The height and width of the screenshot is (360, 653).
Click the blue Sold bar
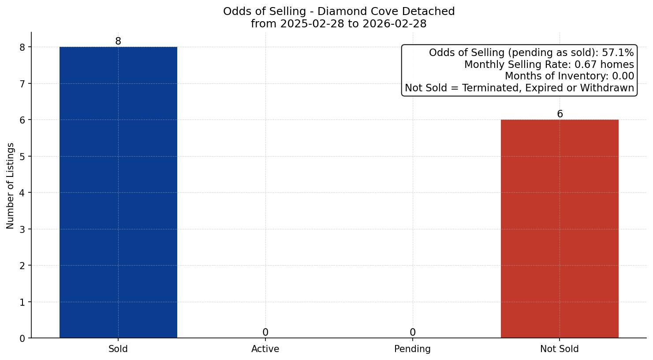[118, 192]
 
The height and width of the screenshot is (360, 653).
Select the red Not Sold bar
[560, 229]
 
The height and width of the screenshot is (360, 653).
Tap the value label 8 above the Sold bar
[118, 41]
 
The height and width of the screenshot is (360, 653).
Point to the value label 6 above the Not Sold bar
[560, 114]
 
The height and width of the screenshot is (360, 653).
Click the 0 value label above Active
[265, 333]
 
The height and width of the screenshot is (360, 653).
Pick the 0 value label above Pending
[412, 333]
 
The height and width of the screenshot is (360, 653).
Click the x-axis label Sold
[118, 349]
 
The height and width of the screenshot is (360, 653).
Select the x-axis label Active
[265, 349]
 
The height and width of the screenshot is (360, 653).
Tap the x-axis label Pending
[412, 349]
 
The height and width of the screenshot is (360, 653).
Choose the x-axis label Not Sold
[560, 349]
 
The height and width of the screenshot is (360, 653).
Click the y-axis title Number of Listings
[11, 186]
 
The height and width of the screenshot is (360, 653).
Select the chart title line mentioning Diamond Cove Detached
[339, 11]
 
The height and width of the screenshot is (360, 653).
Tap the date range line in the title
[339, 24]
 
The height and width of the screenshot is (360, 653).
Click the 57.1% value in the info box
[618, 53]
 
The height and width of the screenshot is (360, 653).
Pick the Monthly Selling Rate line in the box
[549, 65]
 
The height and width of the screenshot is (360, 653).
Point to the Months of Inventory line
[569, 76]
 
